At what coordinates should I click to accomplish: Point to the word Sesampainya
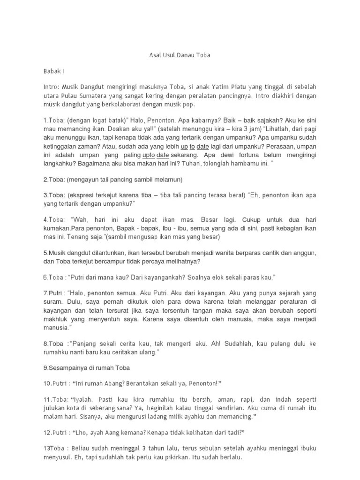(68, 367)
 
